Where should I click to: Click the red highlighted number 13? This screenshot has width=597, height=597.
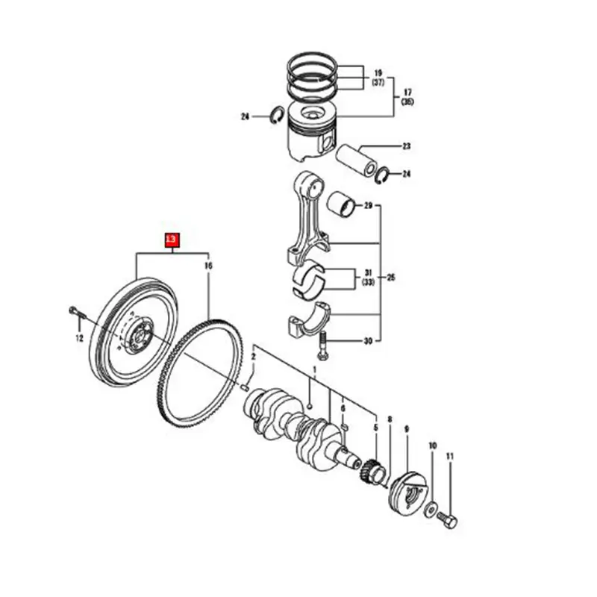[172, 240]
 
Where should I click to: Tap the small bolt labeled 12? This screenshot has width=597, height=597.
[75, 311]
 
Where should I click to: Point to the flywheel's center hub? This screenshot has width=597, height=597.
[139, 333]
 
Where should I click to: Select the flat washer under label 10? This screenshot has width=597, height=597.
[432, 510]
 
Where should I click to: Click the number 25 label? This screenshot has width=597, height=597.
[391, 278]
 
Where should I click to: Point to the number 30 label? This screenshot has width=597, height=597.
[367, 342]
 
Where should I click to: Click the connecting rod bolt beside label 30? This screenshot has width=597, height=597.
[322, 345]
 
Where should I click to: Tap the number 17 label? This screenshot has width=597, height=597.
[407, 92]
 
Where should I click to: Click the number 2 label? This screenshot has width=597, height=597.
[253, 357]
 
